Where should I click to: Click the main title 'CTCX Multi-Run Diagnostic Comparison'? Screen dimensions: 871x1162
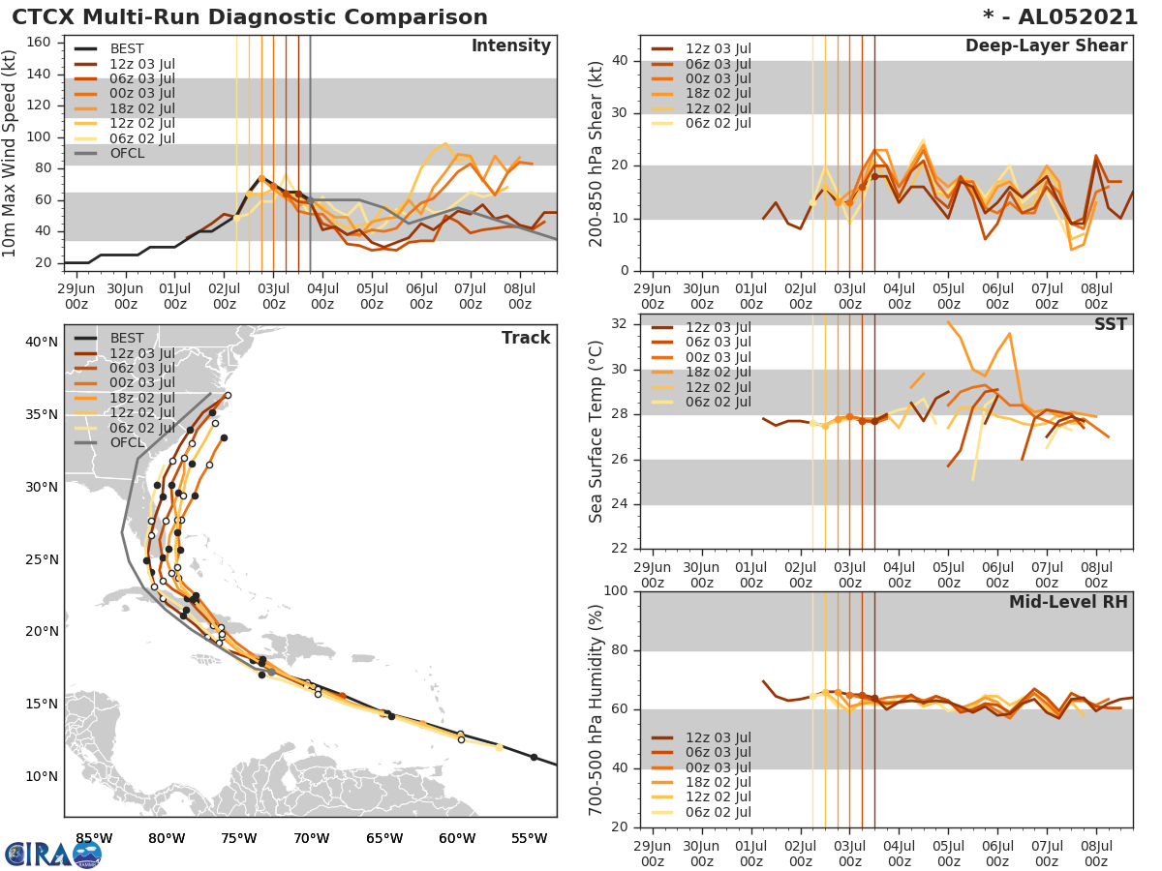point(250,17)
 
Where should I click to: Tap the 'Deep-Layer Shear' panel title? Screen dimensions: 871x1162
point(1046,46)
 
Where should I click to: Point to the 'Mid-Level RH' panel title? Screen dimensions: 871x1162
point(1068,602)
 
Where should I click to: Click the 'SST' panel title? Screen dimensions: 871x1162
point(1110,324)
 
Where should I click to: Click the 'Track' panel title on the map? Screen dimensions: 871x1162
point(525,338)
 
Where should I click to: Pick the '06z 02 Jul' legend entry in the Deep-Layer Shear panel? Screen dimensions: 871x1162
point(718,123)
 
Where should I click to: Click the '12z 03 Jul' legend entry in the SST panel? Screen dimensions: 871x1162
point(718,327)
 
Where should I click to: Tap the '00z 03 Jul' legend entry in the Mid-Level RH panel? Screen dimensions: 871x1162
point(718,767)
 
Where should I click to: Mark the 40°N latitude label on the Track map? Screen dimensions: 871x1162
point(41,342)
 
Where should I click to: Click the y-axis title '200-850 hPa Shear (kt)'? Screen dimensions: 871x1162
point(596,153)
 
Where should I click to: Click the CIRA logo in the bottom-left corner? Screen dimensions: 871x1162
point(52,854)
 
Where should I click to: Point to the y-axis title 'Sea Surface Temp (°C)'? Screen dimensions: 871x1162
point(596,432)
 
